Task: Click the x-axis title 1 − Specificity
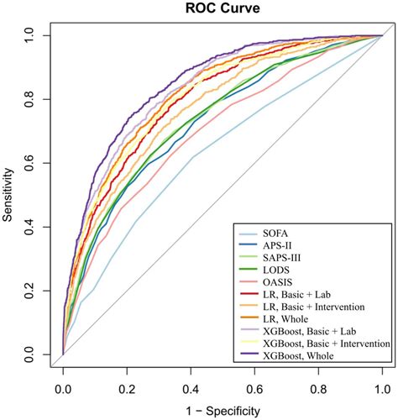tap(223, 411)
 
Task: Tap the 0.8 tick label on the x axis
tap(318, 391)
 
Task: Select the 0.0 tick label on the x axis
tap(63, 391)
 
